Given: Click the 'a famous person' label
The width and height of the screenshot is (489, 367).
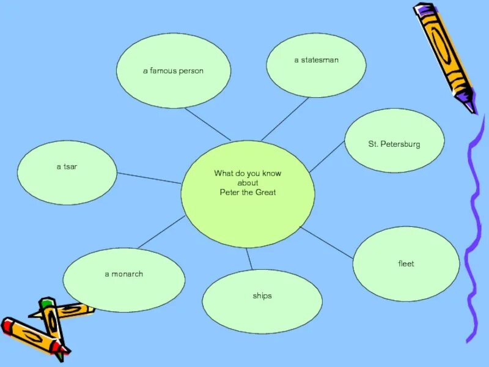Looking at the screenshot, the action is coord(173,71).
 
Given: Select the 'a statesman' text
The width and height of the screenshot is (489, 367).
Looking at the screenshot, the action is coord(316,60).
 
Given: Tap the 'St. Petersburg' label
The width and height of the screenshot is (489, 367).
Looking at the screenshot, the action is coord(394,144).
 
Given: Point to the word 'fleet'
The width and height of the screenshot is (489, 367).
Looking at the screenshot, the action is coord(406,264).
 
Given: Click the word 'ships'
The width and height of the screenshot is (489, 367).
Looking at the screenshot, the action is coord(262,296).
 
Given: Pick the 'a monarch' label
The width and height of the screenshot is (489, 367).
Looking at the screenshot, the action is coord(123,274).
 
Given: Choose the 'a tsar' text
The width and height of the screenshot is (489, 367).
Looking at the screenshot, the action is coord(67,166).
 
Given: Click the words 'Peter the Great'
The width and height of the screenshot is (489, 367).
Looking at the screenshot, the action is coord(248,193).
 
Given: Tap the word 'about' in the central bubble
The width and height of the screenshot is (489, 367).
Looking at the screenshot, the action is coord(248,183).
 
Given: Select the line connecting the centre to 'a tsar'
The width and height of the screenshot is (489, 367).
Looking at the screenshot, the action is coord(149,178).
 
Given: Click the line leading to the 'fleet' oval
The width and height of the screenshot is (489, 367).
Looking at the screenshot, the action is coord(327,243).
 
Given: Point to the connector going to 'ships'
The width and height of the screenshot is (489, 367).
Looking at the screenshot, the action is coord(249,259).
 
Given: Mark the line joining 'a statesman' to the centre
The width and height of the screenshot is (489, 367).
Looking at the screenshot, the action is coord(285,119).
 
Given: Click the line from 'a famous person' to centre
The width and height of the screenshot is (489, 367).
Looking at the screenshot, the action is coord(208,124).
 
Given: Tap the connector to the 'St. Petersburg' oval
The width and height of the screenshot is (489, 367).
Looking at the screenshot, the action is coord(327,157).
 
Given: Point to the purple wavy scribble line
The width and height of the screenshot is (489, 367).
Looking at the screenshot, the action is coord(473,232).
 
